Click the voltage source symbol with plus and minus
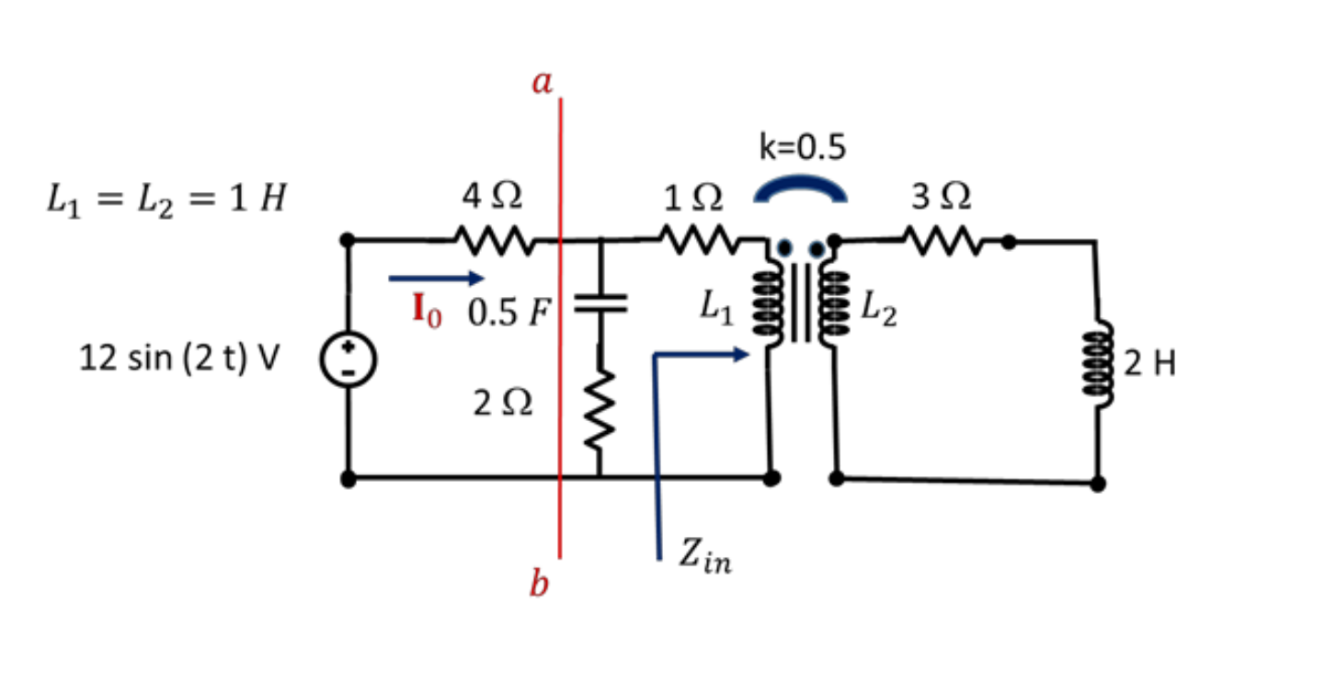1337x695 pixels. pos(349,360)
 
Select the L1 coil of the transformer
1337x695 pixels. pos(766,307)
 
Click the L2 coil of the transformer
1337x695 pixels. pos(833,307)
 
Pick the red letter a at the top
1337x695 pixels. pos(543,83)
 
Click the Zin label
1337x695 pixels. pos(705,556)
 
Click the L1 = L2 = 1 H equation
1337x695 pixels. pos(166,199)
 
